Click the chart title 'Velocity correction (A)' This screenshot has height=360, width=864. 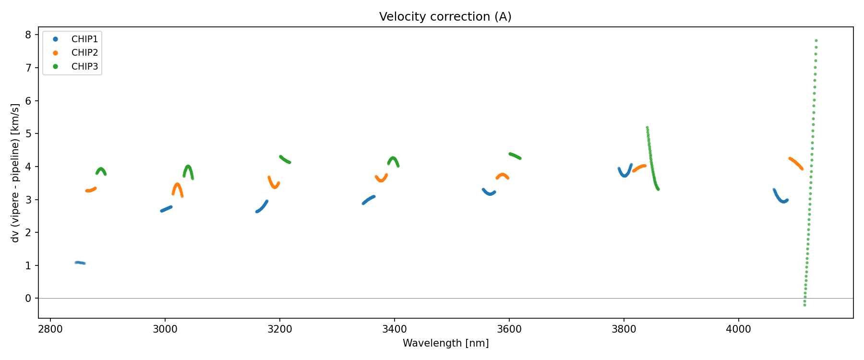(x=445, y=17)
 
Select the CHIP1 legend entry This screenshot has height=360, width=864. (x=84, y=39)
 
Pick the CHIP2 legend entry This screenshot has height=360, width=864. (x=84, y=53)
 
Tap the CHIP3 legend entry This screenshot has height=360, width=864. (x=84, y=67)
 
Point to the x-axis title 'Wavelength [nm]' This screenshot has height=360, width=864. (x=445, y=343)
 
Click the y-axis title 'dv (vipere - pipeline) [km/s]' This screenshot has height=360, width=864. (x=15, y=173)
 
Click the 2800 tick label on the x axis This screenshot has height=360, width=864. (x=50, y=329)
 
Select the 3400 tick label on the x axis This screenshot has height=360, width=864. (x=394, y=329)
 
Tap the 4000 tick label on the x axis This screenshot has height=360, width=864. (x=738, y=329)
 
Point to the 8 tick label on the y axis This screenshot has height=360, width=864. (x=28, y=35)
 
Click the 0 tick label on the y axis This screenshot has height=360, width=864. (x=28, y=299)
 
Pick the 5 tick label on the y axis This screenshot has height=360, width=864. (x=28, y=134)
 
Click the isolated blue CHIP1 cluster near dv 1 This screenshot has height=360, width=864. (x=80, y=263)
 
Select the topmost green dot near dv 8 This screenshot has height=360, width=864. (x=816, y=41)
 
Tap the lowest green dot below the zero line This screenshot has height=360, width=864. (x=804, y=305)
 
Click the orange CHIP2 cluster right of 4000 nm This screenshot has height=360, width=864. (x=796, y=163)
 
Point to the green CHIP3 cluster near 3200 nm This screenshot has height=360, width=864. (x=285, y=159)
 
